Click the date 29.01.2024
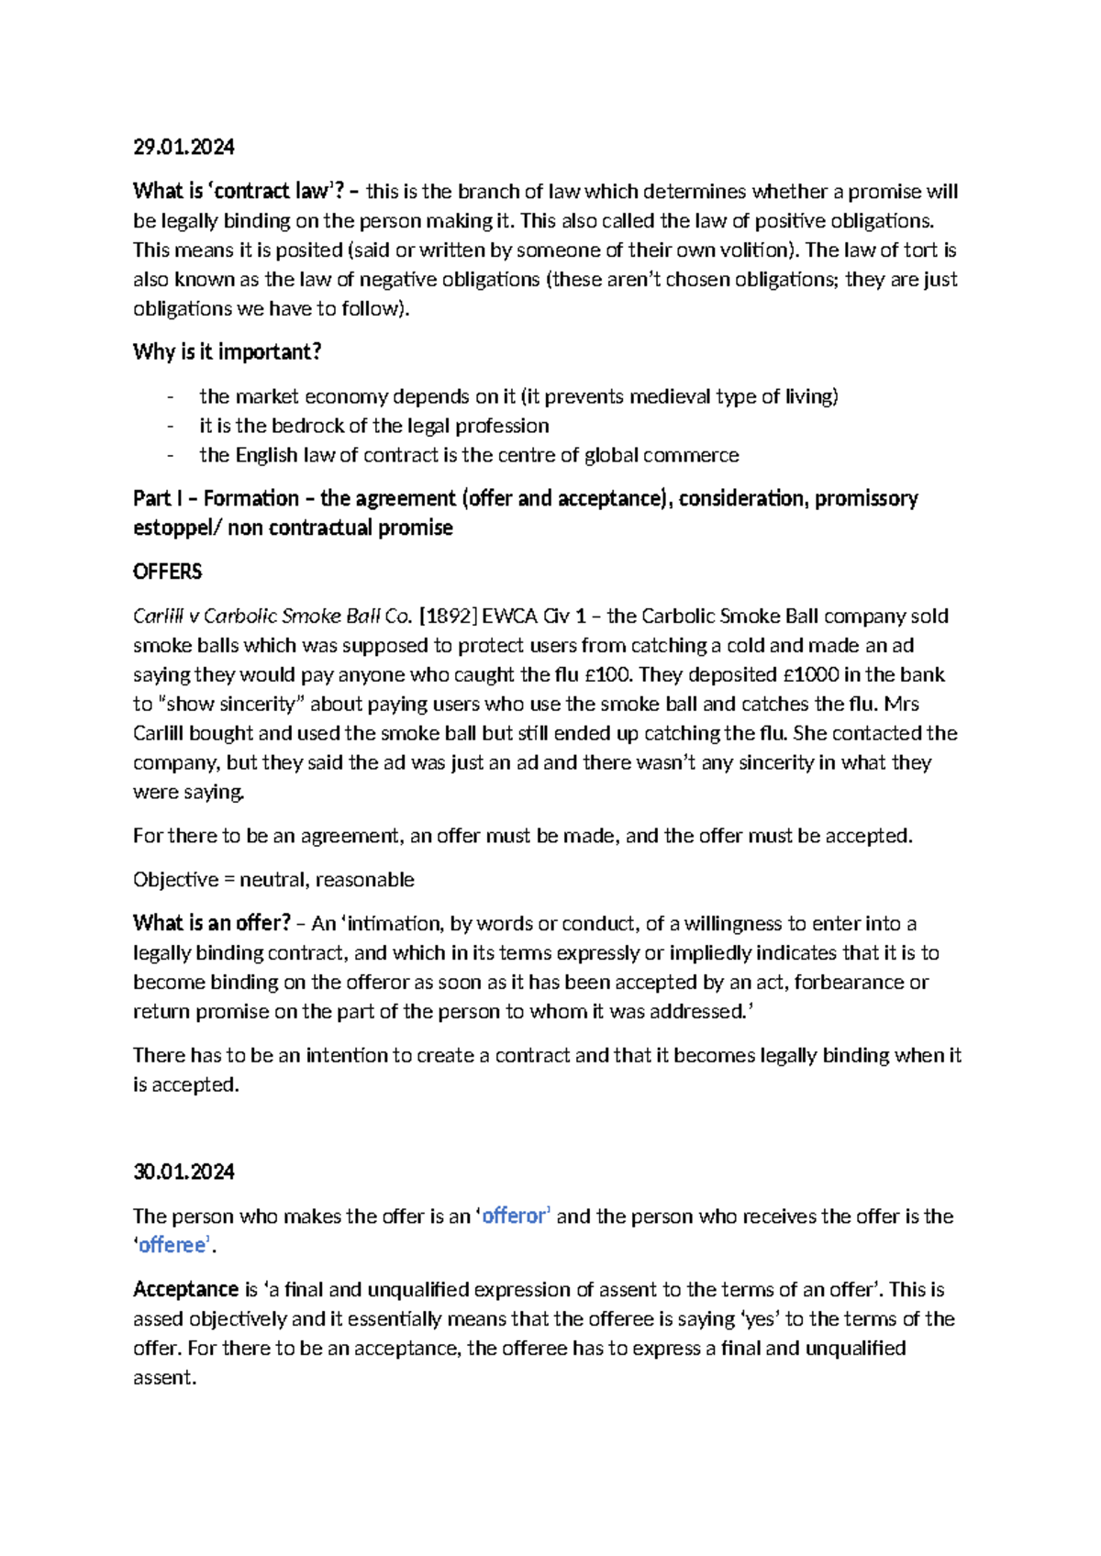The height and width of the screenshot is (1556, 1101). pyautogui.click(x=183, y=147)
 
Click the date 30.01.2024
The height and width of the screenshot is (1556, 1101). pyautogui.click(x=183, y=1172)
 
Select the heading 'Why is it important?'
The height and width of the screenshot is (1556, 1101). pyautogui.click(x=227, y=352)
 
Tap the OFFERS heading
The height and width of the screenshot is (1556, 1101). pyautogui.click(x=167, y=572)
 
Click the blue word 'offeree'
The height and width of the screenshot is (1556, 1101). pyautogui.click(x=172, y=1245)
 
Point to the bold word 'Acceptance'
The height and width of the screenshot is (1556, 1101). pyautogui.click(x=185, y=1289)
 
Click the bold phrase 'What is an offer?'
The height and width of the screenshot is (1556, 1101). pyautogui.click(x=211, y=923)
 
